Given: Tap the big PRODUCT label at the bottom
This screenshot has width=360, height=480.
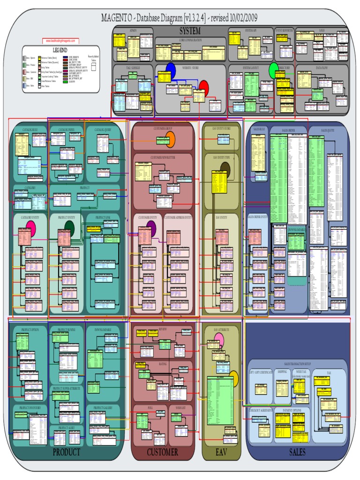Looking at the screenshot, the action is pos(66,452).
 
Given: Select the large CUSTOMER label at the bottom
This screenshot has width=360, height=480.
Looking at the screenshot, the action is pos(162,452).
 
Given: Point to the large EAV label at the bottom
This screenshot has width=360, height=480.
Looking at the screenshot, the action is pos(221,452).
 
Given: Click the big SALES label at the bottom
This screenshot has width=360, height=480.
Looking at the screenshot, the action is pos(297,452).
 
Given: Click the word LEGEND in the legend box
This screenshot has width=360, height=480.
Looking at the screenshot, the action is pos(60,50).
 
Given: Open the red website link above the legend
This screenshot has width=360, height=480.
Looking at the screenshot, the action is pos(60,41).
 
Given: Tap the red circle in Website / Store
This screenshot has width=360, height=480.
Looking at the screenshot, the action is pos(203,86).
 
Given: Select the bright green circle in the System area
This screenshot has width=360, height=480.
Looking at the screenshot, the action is pos(274,71).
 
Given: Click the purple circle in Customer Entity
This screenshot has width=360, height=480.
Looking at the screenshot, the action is pos(151,227).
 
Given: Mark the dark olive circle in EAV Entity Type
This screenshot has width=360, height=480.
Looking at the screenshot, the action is pos(225,170).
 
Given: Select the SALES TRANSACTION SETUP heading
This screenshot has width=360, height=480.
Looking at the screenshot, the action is pos(297,364).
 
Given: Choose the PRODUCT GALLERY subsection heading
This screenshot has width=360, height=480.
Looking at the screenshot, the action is pos(103,408).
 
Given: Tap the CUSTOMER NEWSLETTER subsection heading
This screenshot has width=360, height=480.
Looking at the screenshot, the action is pos(163,158).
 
